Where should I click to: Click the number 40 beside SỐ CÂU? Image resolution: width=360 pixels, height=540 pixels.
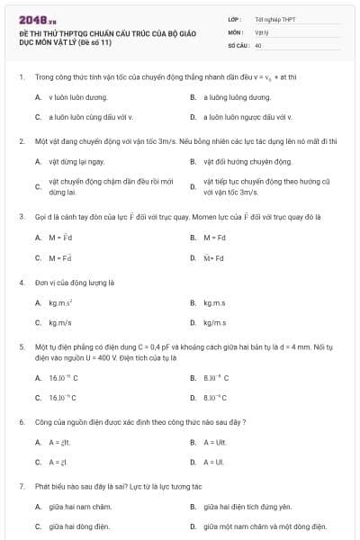[x=258, y=44]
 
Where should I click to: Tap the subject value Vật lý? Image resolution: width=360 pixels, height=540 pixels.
[x=261, y=31]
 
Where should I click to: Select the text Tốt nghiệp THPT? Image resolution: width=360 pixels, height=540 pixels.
[x=274, y=19]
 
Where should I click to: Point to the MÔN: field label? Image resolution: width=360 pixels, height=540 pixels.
[x=236, y=31]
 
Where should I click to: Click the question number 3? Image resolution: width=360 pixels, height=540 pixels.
[x=21, y=217]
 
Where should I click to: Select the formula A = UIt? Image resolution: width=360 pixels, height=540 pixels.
[x=213, y=442]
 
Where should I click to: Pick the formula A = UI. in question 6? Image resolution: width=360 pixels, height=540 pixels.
[x=212, y=462]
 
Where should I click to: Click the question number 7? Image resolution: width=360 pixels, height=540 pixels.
[x=21, y=486]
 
